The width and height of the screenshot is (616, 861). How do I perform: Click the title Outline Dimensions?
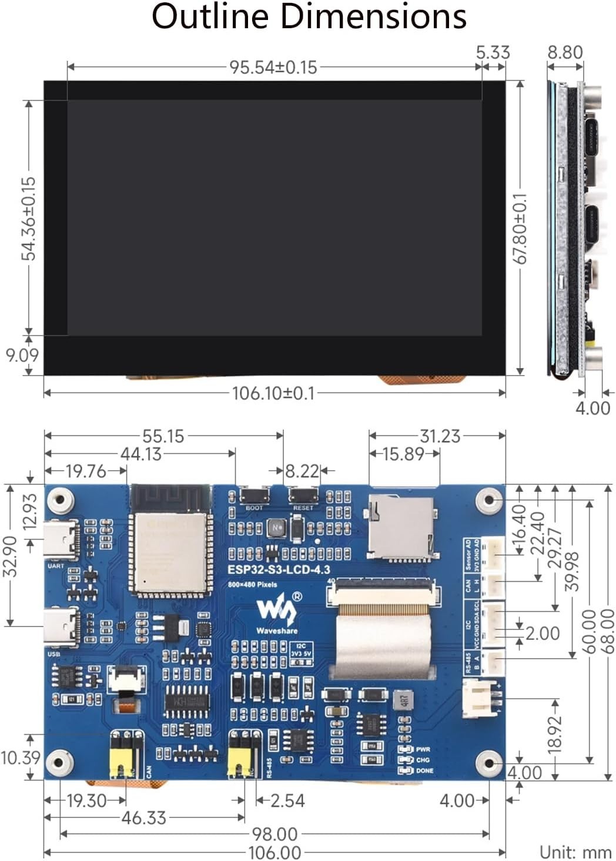point(309,16)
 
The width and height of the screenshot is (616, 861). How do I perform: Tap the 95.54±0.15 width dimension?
point(273,67)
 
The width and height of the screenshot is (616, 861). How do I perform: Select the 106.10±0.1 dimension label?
point(273,393)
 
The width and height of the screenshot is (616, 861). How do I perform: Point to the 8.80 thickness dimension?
point(565,52)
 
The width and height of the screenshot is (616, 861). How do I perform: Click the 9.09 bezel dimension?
point(22,355)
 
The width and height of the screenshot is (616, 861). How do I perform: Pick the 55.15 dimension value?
point(163,436)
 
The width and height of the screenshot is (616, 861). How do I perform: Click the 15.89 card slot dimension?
point(403,454)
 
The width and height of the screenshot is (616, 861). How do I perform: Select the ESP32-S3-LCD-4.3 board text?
point(279,569)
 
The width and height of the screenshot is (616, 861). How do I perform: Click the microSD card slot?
point(401,527)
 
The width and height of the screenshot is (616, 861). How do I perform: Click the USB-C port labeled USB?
point(61,627)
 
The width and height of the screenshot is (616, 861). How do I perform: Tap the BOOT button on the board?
point(254,496)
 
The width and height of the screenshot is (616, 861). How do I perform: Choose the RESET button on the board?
point(303,496)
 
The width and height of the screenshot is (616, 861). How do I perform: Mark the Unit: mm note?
point(575,852)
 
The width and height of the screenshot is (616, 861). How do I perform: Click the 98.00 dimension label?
point(274,834)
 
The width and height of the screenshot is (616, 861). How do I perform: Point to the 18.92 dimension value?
point(554,734)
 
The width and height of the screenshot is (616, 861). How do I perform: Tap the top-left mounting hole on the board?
point(60,501)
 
